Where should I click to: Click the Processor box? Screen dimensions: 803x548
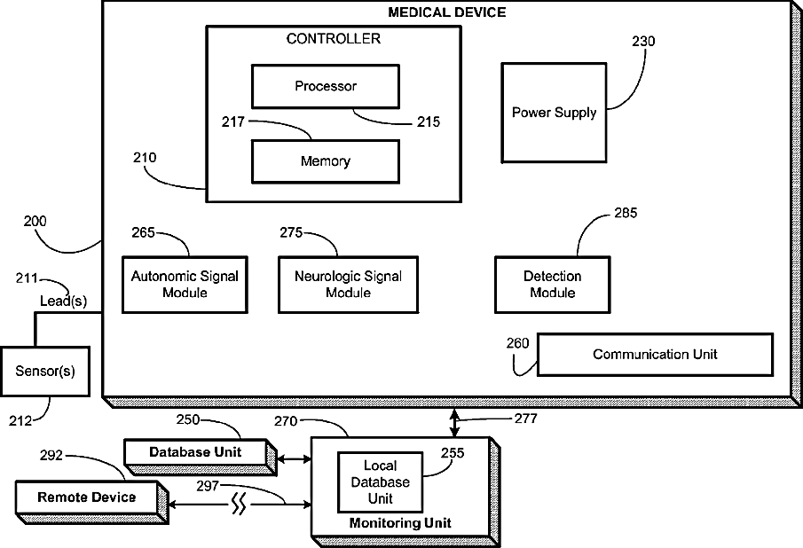tap(326, 86)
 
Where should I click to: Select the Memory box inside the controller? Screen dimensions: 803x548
tap(326, 161)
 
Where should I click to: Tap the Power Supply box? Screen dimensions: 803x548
tap(554, 113)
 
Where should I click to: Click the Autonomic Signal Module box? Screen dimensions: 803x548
tap(185, 285)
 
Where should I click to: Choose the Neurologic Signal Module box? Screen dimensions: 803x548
tap(348, 285)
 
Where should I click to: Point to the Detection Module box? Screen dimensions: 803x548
tap(553, 285)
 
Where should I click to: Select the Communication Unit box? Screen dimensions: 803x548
tap(655, 355)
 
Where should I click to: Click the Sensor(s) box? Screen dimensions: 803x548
tap(45, 371)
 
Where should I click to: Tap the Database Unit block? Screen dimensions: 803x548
tap(201, 457)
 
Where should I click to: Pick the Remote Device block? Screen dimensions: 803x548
tap(91, 502)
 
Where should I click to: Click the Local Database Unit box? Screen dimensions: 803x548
tap(380, 482)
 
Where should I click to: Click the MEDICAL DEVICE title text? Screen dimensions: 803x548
tap(446, 12)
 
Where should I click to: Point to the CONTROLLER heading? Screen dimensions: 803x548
tap(334, 39)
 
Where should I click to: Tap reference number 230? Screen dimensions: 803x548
tap(643, 41)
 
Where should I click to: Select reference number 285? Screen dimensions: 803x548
tap(626, 213)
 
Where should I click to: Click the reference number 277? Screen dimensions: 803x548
tap(526, 419)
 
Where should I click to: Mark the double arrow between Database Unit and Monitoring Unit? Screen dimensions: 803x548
tap(294, 459)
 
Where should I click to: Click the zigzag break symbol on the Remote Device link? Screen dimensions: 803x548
tap(239, 504)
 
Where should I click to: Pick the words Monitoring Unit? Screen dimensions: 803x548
tap(400, 523)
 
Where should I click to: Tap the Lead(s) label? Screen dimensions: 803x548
tap(64, 301)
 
